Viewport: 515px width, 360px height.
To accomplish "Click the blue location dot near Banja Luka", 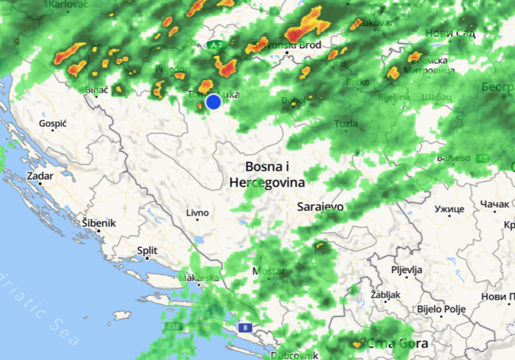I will pyautogui.click(x=213, y=102).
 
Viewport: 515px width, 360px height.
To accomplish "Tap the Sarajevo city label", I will pyautogui.click(x=320, y=207).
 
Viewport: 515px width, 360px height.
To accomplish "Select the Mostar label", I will pyautogui.click(x=269, y=271).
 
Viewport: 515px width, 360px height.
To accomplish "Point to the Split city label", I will pyautogui.click(x=147, y=251).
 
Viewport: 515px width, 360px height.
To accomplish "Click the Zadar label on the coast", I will pyautogui.click(x=40, y=176).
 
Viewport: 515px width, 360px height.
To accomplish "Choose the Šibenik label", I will pyautogui.click(x=99, y=224).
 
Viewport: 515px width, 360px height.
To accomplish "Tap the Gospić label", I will pyautogui.click(x=53, y=124).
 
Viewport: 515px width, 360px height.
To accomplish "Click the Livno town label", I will pyautogui.click(x=197, y=213).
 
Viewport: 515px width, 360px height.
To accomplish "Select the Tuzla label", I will pyautogui.click(x=346, y=124).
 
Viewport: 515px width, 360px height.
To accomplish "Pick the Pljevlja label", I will pyautogui.click(x=407, y=270).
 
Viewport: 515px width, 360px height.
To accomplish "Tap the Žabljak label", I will pyautogui.click(x=386, y=294).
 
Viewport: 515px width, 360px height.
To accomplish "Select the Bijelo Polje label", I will pyautogui.click(x=441, y=309).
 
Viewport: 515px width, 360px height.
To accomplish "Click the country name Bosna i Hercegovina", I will pyautogui.click(x=268, y=175).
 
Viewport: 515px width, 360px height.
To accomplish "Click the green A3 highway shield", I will pyautogui.click(x=217, y=44).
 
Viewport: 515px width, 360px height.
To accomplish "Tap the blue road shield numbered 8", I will pyautogui.click(x=244, y=327).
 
